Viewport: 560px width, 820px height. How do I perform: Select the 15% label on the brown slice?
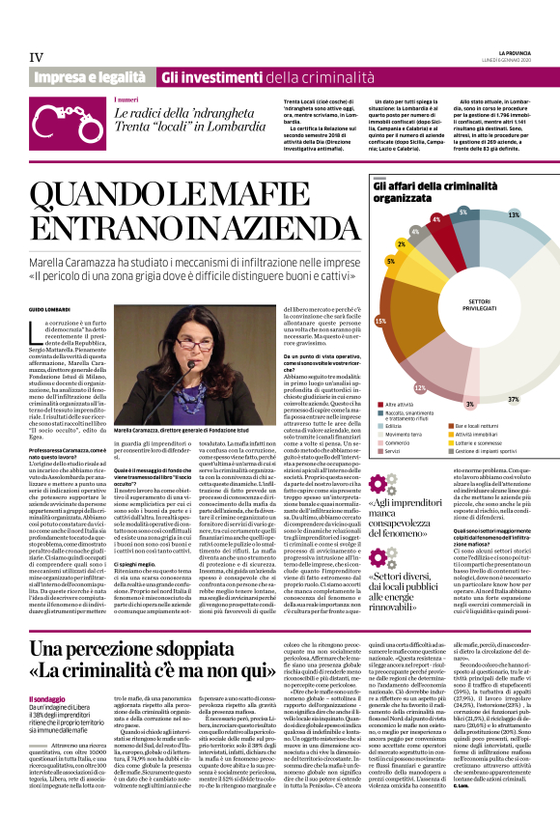380,320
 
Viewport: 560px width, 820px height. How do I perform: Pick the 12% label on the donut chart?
419,387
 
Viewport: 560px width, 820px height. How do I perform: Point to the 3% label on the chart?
469,404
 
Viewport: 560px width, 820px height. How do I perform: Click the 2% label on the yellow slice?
401,244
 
